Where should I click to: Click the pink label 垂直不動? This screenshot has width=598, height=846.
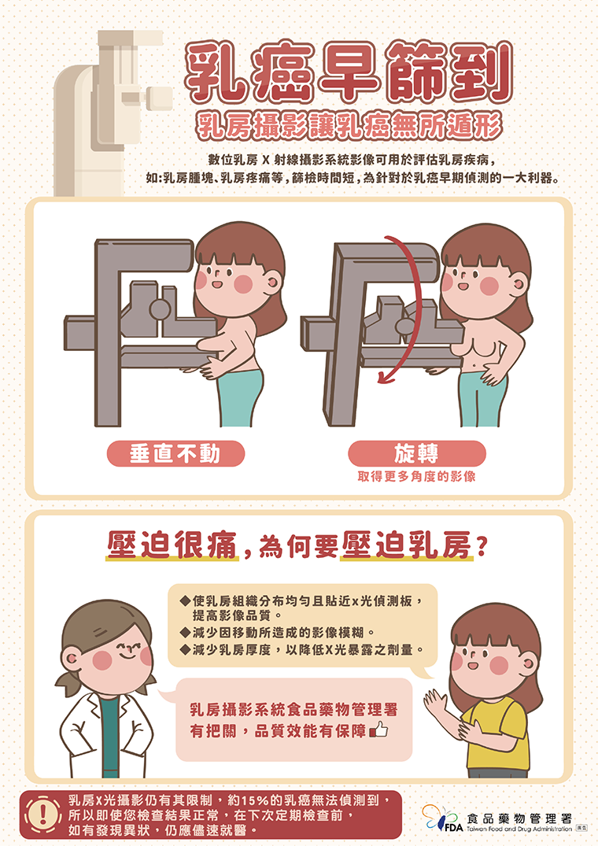coord(175,454)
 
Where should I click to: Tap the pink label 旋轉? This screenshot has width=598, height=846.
coord(417,453)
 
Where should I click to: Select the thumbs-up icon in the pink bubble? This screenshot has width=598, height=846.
coord(379,730)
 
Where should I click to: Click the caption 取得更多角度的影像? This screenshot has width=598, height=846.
coord(416,476)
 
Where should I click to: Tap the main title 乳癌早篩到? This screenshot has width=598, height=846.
coord(349,72)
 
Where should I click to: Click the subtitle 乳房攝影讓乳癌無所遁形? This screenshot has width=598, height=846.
coord(349,126)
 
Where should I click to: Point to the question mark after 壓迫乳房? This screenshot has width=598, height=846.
coord(482,546)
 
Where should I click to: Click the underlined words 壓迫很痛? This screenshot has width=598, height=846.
coord(172,545)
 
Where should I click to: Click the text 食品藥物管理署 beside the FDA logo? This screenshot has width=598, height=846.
coord(519,818)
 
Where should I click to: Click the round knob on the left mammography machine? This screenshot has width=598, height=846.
coord(161,309)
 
